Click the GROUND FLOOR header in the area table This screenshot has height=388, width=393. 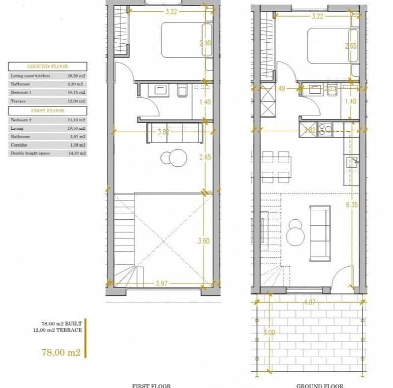tap(47, 66)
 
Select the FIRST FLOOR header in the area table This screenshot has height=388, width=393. tap(47, 110)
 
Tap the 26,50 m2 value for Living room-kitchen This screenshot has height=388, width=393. tap(76, 76)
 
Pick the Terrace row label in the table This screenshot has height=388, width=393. tap(18, 101)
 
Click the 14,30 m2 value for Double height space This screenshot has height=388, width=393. tap(76, 153)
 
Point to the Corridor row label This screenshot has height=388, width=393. tap(19, 144)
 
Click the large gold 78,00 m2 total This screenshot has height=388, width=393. tap(61, 352)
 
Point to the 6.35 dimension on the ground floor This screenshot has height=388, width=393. tap(352, 205)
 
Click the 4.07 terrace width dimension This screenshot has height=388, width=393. tap(309, 304)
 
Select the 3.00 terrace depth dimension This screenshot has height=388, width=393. tap(269, 333)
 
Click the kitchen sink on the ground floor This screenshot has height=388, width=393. tap(352, 162)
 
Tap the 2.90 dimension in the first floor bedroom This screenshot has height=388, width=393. tap(205, 44)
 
